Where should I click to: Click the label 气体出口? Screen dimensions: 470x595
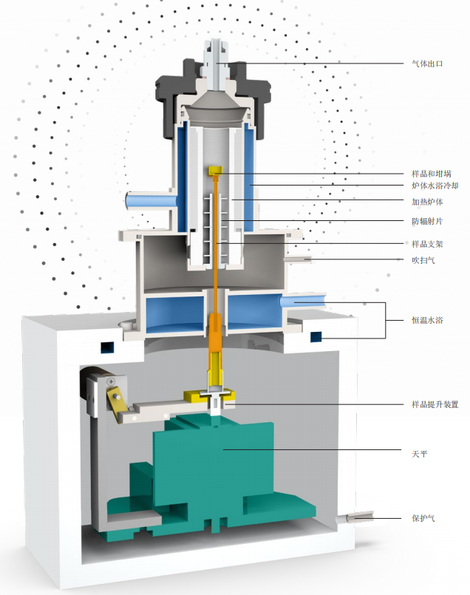(x=427, y=64)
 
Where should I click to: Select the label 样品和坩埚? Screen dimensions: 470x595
(x=432, y=174)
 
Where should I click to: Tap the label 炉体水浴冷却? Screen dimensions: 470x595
(x=435, y=186)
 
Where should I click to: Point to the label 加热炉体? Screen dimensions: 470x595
(x=427, y=202)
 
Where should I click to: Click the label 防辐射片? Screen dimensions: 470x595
(x=427, y=221)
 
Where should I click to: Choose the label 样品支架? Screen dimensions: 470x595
(x=427, y=244)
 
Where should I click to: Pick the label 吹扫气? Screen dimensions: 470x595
(x=423, y=260)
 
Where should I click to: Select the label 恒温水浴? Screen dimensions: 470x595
(x=427, y=320)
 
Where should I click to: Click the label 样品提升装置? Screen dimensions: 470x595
(x=435, y=404)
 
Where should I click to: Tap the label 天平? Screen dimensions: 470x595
(x=420, y=454)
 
